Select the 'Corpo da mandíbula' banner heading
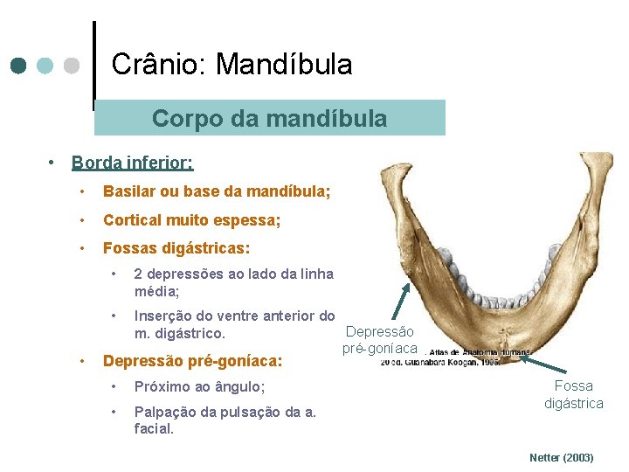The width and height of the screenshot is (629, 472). pyautogui.click(x=269, y=118)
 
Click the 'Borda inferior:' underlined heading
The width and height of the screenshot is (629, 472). pyautogui.click(x=132, y=163)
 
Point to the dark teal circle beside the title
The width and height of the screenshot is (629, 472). pyautogui.click(x=18, y=66)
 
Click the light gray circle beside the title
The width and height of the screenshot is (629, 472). pyautogui.click(x=73, y=66)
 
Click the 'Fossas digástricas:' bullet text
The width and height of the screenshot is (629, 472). pyautogui.click(x=176, y=248)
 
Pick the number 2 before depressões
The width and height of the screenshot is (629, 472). pyautogui.click(x=139, y=274)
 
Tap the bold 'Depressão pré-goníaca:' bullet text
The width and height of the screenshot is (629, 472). pyautogui.click(x=192, y=360)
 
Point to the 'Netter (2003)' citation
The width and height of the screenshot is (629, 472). pyautogui.click(x=562, y=457)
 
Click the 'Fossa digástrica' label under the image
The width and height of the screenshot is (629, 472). pyautogui.click(x=573, y=394)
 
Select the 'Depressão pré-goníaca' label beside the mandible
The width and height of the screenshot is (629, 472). pyautogui.click(x=379, y=340)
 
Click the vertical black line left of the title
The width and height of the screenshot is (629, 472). pyautogui.click(x=93, y=66)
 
